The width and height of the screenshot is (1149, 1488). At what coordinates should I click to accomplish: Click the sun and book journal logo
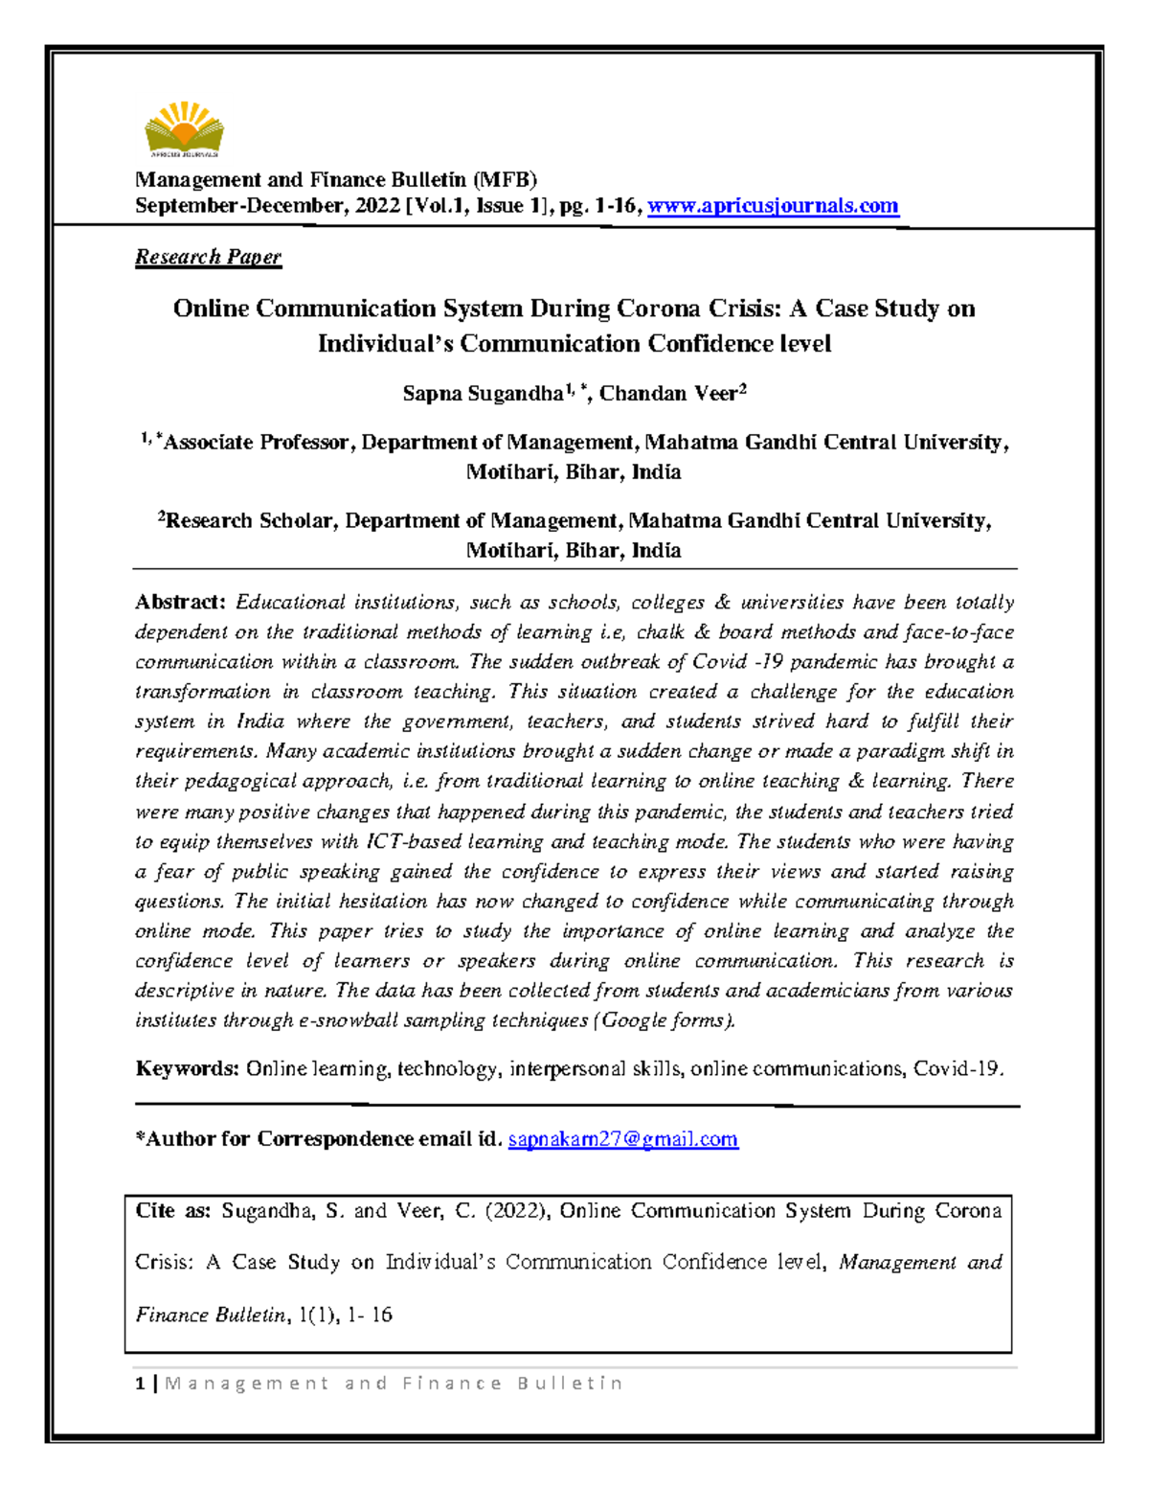point(184,129)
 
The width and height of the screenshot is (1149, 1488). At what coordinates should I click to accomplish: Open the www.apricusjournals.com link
point(773,206)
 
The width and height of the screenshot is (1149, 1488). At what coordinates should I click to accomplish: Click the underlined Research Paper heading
point(208,257)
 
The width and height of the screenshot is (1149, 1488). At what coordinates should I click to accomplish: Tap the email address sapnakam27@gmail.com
point(622,1139)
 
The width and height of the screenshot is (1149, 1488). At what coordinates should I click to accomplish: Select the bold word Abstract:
point(180,603)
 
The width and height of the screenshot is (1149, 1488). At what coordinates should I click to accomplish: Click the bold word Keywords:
point(187,1069)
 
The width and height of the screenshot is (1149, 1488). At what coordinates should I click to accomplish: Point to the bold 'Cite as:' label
point(172,1211)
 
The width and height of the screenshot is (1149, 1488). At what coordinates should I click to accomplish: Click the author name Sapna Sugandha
point(483,394)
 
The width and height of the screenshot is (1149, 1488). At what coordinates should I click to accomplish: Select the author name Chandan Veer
point(667,394)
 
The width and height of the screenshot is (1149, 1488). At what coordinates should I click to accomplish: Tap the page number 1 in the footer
point(141,1384)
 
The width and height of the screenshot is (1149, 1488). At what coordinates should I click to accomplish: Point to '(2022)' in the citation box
point(517,1211)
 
